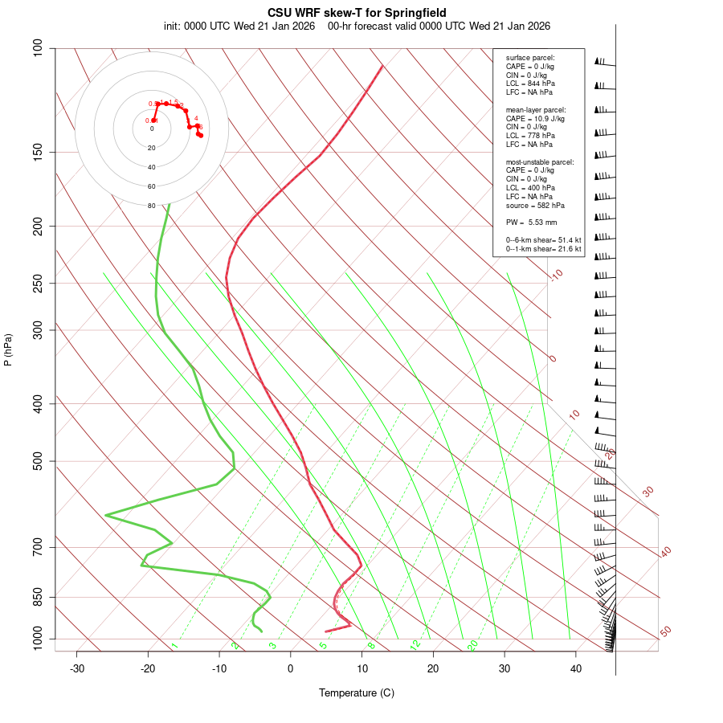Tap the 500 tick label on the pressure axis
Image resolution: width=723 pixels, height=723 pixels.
click(x=39, y=461)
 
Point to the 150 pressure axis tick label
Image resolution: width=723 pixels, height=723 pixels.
click(x=39, y=152)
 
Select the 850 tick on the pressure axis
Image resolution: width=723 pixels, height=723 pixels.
click(x=39, y=597)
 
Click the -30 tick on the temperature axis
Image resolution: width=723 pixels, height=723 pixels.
click(x=77, y=668)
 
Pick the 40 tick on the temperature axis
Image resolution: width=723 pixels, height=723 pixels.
click(x=576, y=668)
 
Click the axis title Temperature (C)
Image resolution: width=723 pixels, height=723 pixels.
click(x=357, y=692)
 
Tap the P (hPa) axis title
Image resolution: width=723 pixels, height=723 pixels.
click(x=8, y=349)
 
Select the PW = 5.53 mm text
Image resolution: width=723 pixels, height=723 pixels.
click(x=531, y=222)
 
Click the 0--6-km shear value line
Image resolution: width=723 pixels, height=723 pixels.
click(x=543, y=240)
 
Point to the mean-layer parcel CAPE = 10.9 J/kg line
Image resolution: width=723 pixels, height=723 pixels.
click(x=535, y=118)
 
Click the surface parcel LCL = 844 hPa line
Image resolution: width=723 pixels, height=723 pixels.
click(x=529, y=83)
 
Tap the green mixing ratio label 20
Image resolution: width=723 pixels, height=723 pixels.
click(x=473, y=645)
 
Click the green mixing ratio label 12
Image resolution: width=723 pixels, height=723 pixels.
click(x=415, y=645)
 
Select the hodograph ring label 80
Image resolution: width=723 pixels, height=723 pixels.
click(x=152, y=206)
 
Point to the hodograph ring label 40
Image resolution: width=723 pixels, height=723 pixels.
click(x=152, y=167)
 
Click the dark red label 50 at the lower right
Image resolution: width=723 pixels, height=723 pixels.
click(x=665, y=632)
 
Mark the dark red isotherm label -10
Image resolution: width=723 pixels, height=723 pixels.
click(x=556, y=276)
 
